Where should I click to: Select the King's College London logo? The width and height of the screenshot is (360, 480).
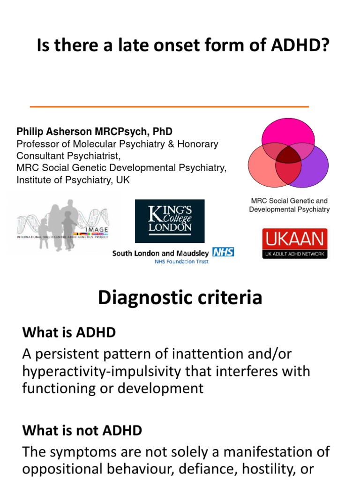click(170, 221)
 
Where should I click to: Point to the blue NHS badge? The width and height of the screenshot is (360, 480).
click(223, 252)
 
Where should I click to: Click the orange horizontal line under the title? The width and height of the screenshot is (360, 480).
click(169, 107)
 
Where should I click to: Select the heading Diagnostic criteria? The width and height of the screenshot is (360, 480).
click(180, 298)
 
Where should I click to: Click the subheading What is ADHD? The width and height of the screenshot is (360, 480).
click(69, 333)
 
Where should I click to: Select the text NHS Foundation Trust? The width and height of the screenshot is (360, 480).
click(181, 262)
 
